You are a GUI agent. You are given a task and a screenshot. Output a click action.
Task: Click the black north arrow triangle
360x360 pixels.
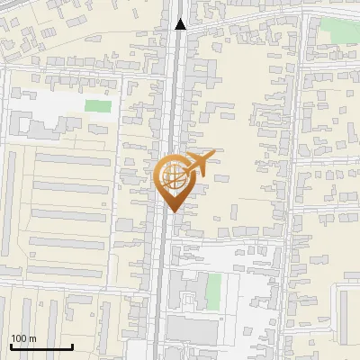(x=181, y=24)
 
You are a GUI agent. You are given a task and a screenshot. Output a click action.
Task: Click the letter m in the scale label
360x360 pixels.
(x=32, y=338)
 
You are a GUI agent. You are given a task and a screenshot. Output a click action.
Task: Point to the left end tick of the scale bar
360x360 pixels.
(x=11, y=346)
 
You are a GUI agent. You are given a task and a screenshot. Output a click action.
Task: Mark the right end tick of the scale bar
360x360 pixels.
(x=72, y=346)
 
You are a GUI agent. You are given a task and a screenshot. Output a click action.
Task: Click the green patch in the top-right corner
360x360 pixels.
(x=339, y=29)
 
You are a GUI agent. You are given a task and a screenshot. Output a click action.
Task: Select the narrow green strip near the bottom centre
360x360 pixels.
(x=213, y=288)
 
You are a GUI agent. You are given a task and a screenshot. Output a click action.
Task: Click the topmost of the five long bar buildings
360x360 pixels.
(x=72, y=159)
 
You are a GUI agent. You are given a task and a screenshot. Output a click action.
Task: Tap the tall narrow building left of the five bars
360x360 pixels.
(x=11, y=207)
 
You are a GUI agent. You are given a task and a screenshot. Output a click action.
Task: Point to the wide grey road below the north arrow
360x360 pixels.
(x=180, y=81)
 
